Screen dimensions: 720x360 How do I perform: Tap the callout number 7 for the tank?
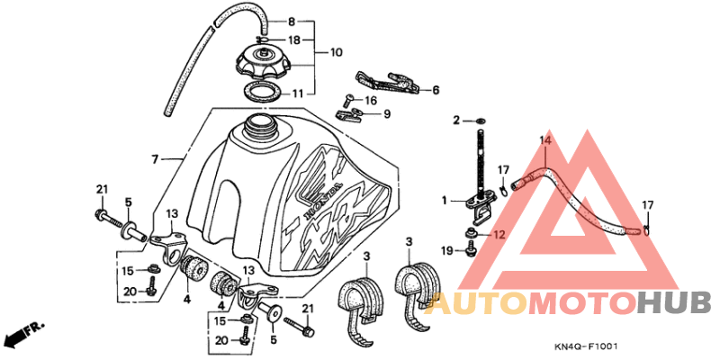tap(155, 159)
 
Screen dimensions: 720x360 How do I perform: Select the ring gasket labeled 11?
tap(263, 92)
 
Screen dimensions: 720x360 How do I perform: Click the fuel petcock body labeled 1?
tap(481, 208)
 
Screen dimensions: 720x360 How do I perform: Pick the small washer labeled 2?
tap(481, 121)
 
